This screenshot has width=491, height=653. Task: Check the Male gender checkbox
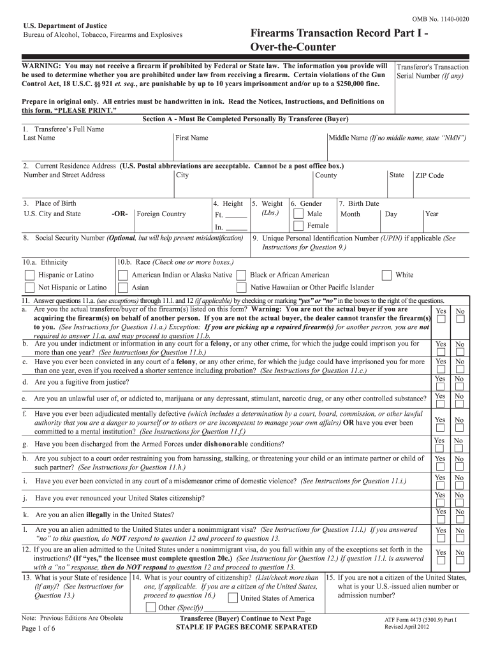pyautogui.click(x=298, y=214)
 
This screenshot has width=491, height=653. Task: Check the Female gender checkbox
pyautogui.click(x=298, y=226)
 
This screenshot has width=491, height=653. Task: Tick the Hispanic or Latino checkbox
pyautogui.click(x=29, y=275)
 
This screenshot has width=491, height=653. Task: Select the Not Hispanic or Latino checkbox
pyautogui.click(x=29, y=288)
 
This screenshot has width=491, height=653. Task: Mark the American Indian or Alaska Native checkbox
pyautogui.click(x=122, y=275)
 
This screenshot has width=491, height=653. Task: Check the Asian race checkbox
pyautogui.click(x=122, y=288)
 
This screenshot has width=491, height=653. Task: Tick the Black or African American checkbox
pyautogui.click(x=241, y=275)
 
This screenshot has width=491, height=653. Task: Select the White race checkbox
pyautogui.click(x=386, y=275)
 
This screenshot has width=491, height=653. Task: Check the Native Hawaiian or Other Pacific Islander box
pyautogui.click(x=241, y=288)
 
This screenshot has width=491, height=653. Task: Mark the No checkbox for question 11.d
pyautogui.click(x=458, y=388)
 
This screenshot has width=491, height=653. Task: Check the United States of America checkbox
pyautogui.click(x=233, y=598)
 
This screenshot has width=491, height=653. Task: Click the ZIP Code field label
pyautogui.click(x=429, y=176)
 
